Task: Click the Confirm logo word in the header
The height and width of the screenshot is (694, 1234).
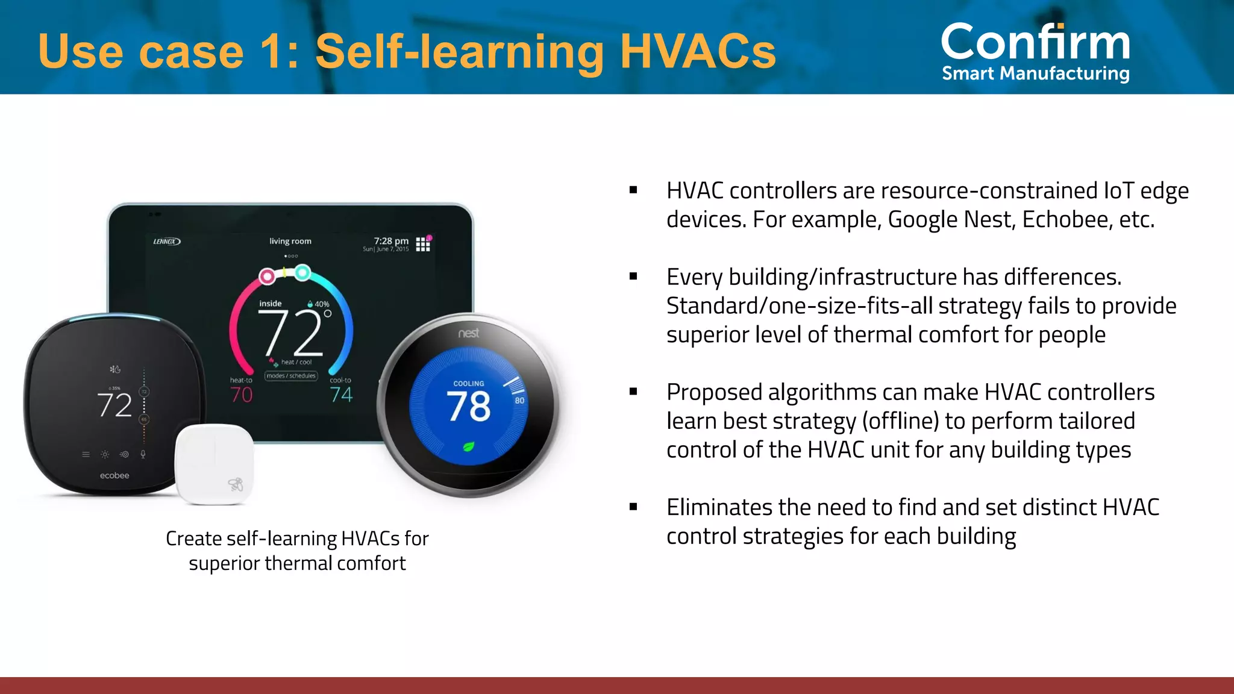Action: pos(1035,42)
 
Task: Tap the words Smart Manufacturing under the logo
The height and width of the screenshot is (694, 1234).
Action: pos(1035,73)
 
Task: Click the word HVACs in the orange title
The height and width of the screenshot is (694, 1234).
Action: pos(698,52)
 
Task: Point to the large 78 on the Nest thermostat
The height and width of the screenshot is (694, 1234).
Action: pos(469,407)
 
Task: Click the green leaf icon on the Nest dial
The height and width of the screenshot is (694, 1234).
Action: pos(468,447)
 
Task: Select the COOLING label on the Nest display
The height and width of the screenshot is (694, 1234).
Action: pos(469,384)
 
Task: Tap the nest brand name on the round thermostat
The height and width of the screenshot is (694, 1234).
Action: pos(468,333)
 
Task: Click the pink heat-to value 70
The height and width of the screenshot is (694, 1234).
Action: pos(241,395)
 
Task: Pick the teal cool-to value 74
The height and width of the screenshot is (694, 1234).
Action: pos(341,395)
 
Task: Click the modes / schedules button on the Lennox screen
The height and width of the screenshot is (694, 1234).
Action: pos(291,376)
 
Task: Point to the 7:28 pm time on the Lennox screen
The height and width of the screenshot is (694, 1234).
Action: pos(391,241)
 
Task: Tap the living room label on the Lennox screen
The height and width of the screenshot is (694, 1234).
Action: pos(290,242)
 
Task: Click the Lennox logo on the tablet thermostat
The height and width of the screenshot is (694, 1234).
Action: pos(166,242)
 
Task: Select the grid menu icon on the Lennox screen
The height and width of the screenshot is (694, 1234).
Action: pos(423,244)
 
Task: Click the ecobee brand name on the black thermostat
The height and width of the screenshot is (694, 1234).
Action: pos(114,476)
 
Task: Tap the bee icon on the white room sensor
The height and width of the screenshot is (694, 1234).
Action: pos(236,484)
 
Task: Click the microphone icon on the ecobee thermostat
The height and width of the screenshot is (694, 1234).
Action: pos(143,454)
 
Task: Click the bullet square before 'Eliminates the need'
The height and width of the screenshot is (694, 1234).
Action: pos(633,507)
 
